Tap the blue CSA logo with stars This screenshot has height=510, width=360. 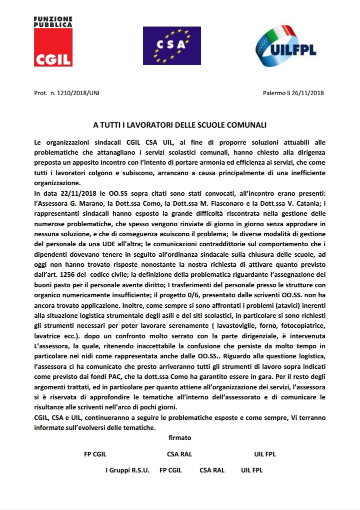(171, 46)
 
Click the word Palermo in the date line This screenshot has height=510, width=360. (273, 93)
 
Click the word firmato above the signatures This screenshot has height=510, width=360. (180, 437)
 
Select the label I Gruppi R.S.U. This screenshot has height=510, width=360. (127, 470)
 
